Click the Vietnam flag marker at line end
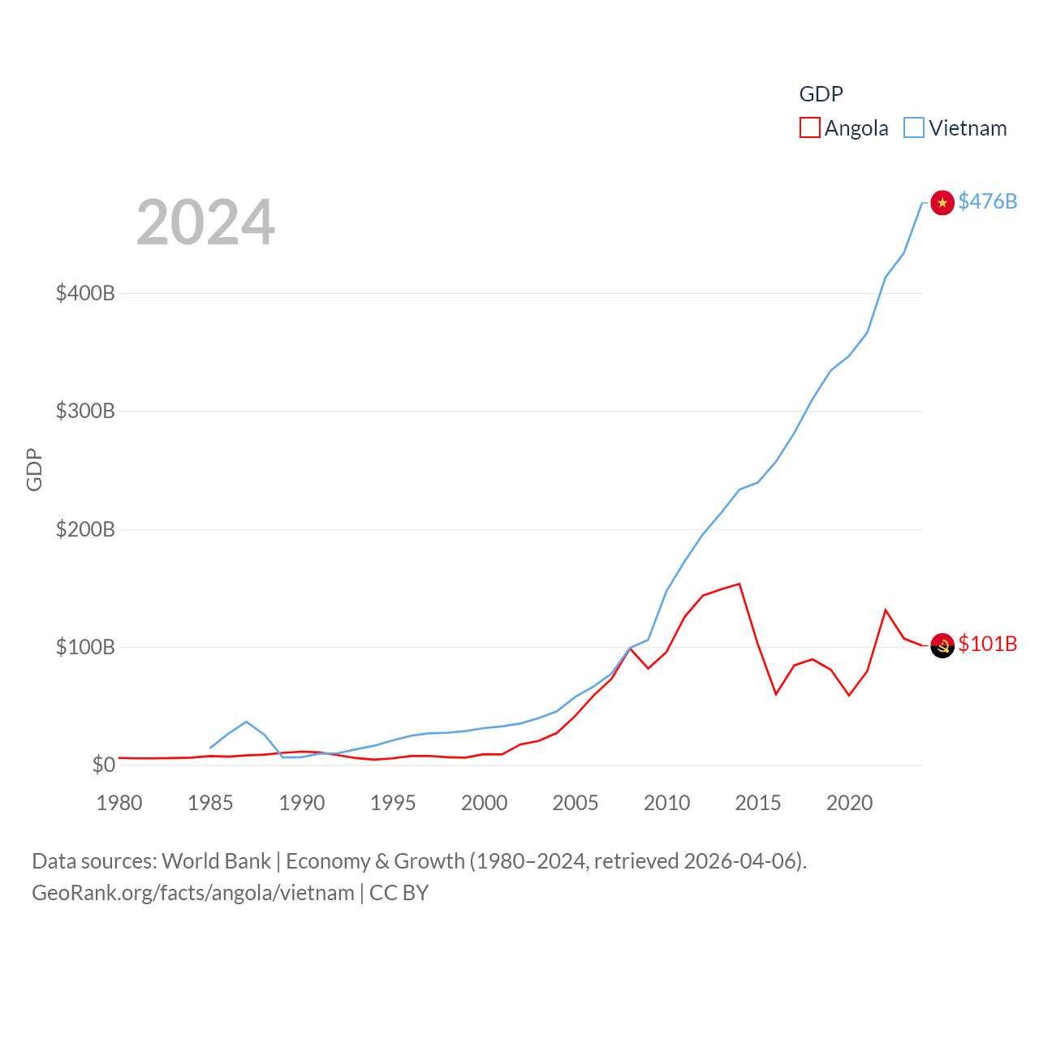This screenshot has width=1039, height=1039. click(x=942, y=202)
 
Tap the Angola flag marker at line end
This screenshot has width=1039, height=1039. click(x=942, y=645)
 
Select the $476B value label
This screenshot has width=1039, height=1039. click(x=987, y=201)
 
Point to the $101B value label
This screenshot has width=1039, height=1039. click(x=987, y=644)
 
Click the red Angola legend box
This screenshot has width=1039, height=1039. click(x=809, y=128)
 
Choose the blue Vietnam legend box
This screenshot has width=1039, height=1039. click(x=914, y=128)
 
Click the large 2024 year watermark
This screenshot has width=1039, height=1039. click(x=205, y=222)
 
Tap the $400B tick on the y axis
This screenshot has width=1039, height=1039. click(x=85, y=293)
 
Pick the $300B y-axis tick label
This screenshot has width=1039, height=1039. click(x=85, y=411)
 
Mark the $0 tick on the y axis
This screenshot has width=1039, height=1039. click(x=103, y=765)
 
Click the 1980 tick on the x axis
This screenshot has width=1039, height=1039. click(x=119, y=803)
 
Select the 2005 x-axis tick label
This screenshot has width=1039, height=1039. click(x=576, y=803)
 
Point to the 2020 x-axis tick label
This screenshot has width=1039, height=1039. click(x=849, y=803)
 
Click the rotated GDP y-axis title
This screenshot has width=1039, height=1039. click(x=34, y=469)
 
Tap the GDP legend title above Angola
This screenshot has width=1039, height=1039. click(x=821, y=94)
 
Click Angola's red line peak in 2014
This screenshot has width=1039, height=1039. click(x=739, y=584)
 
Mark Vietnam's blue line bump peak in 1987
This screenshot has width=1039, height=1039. click(x=246, y=722)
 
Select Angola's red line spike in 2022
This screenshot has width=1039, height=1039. click(x=886, y=610)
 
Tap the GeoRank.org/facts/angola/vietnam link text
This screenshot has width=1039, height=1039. click(x=193, y=893)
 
